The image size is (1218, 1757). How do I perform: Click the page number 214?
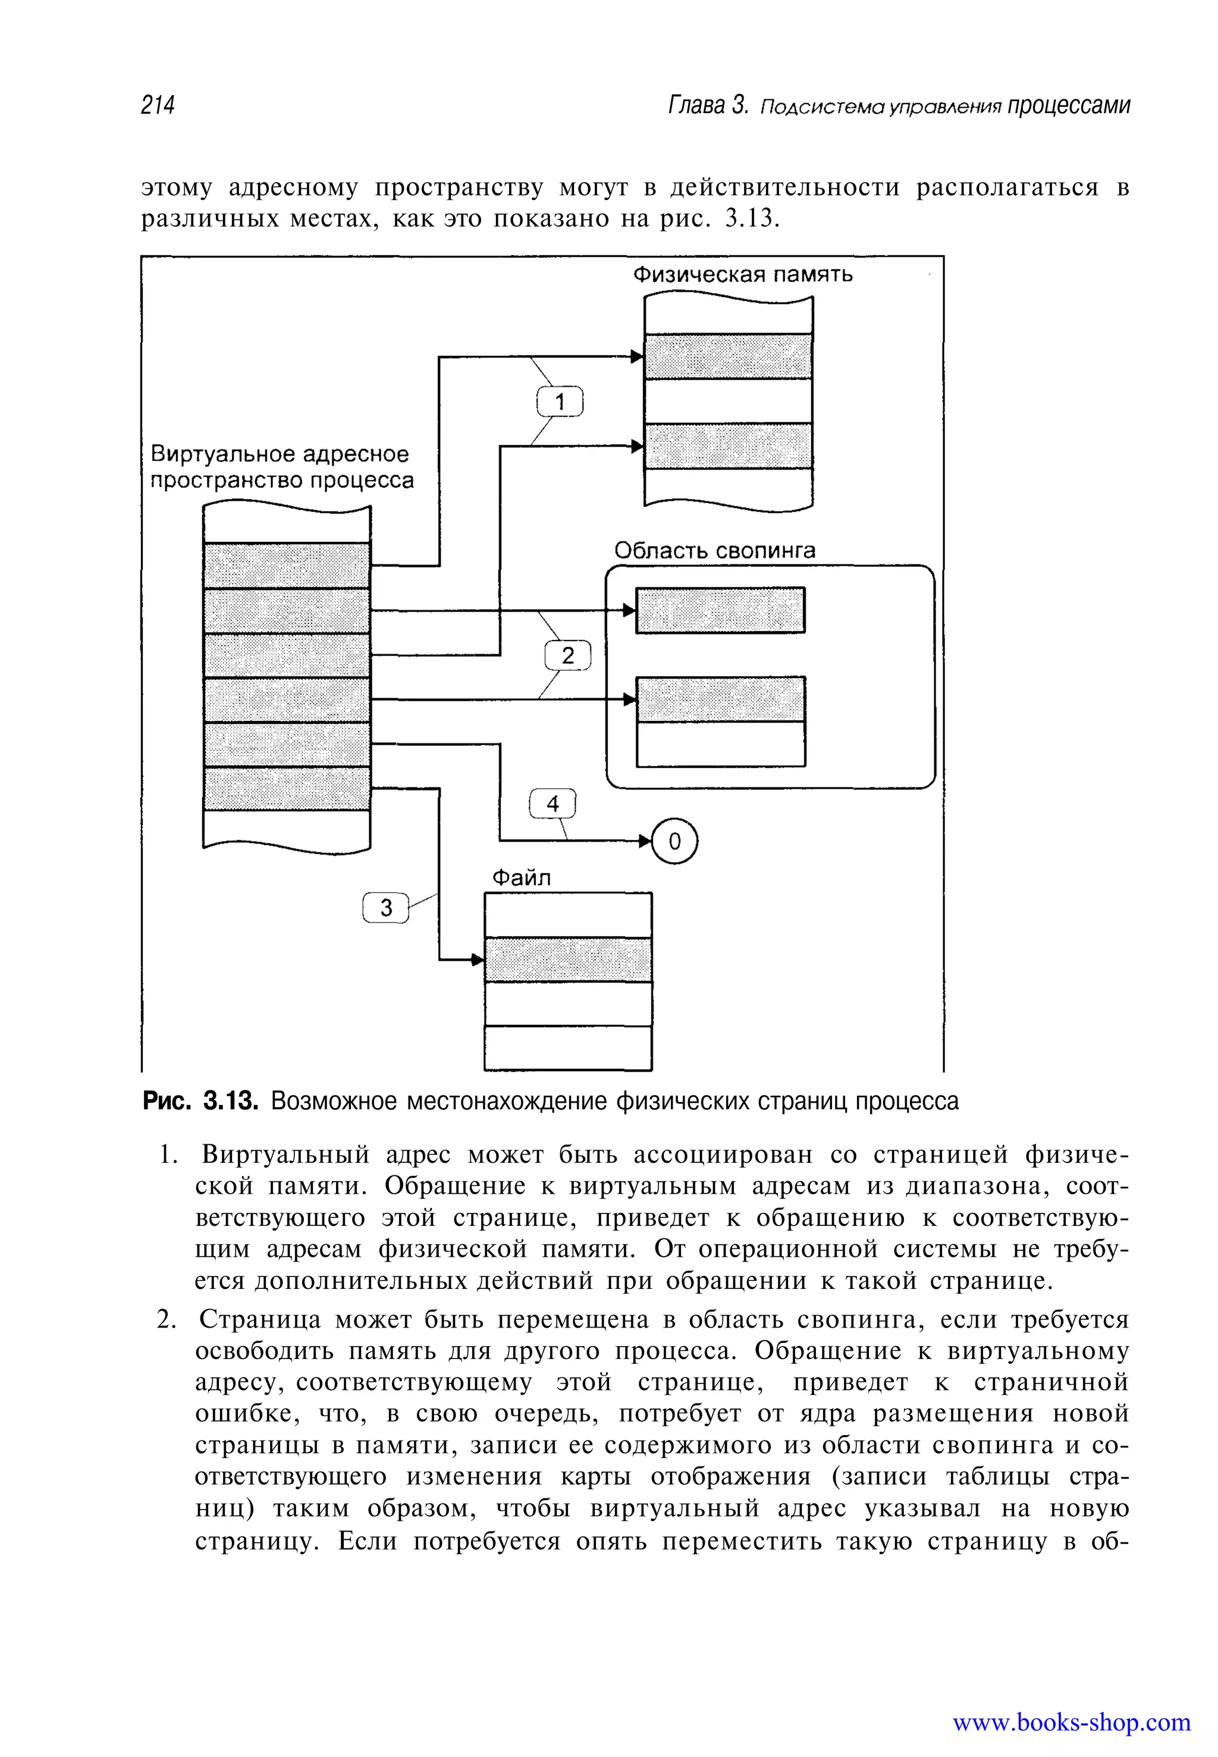click(x=158, y=105)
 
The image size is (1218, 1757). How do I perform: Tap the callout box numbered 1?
click(x=560, y=401)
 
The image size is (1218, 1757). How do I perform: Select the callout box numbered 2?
click(x=568, y=655)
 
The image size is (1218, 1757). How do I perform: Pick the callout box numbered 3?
click(x=385, y=908)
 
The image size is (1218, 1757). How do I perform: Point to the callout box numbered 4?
click(x=553, y=803)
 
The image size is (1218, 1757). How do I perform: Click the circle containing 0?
click(x=674, y=841)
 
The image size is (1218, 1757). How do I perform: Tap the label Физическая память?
click(x=743, y=275)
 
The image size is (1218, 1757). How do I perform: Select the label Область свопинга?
click(x=714, y=550)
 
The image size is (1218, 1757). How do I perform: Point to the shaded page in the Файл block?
click(x=568, y=959)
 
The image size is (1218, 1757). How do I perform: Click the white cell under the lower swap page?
click(x=720, y=744)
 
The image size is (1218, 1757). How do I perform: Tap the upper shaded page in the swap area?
click(x=720, y=610)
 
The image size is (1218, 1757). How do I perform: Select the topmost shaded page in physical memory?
click(x=728, y=356)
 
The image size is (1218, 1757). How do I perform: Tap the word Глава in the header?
click(x=695, y=105)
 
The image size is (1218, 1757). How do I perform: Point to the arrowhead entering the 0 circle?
click(x=646, y=841)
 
